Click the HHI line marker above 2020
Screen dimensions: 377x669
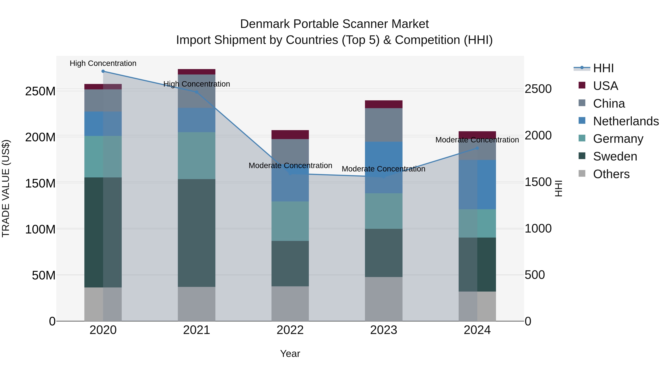(103, 71)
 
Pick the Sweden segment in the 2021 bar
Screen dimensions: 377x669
(197, 233)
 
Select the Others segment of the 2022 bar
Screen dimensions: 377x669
(290, 303)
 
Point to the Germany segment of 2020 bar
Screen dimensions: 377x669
(103, 156)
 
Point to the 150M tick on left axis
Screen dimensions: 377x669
(40, 183)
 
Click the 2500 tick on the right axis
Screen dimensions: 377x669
(538, 89)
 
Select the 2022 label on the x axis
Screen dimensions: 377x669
(290, 330)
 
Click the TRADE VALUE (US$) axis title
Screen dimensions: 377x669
(6, 188)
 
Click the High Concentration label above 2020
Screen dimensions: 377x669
(103, 63)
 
